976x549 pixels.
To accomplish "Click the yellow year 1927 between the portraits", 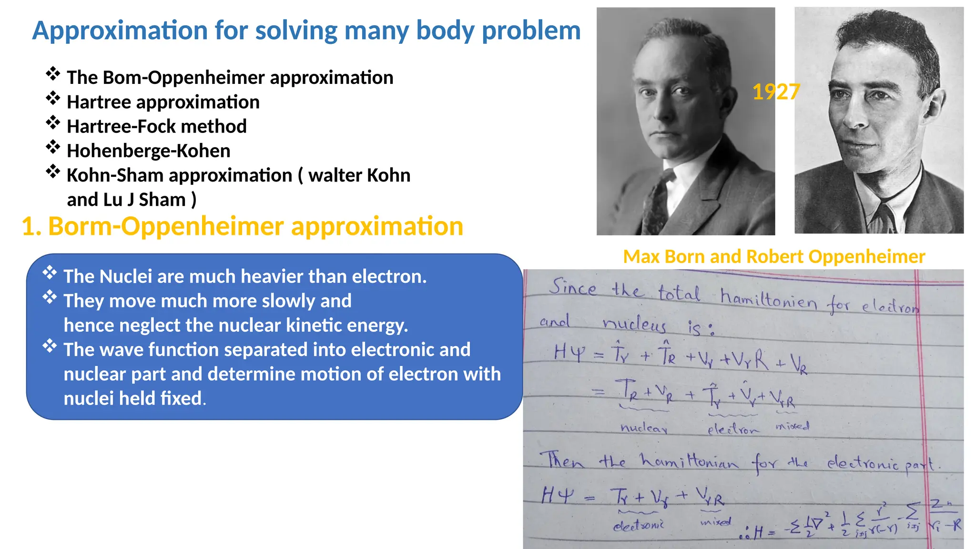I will pos(775,92).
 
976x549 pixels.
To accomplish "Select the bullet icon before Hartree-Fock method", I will pos(53,123).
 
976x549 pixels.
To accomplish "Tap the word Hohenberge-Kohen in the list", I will pos(148,151).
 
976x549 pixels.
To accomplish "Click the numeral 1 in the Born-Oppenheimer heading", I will pos(28,227).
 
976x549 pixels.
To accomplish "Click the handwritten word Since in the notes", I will pos(572,287).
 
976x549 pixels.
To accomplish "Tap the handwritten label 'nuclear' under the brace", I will pos(643,428).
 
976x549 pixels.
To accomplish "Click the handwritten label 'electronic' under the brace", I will pos(639,525).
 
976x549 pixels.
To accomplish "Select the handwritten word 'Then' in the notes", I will pos(561,460).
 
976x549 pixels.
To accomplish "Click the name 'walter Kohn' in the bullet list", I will pos(359,176).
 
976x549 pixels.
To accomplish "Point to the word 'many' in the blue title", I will pos(376,31).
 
